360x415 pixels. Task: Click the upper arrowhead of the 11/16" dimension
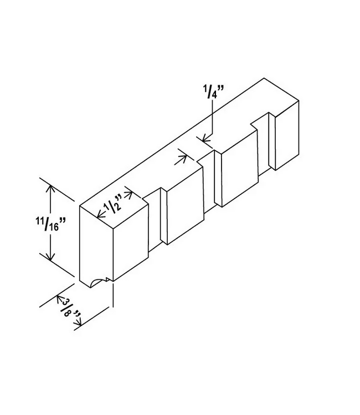pyautogui.click(x=50, y=189)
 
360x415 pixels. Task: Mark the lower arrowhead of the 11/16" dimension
pyautogui.click(x=50, y=256)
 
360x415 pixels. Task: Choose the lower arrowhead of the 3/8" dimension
pyautogui.click(x=78, y=322)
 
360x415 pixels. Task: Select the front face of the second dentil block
pyautogui.click(x=185, y=206)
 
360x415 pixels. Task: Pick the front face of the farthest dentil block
pyautogui.click(x=287, y=135)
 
